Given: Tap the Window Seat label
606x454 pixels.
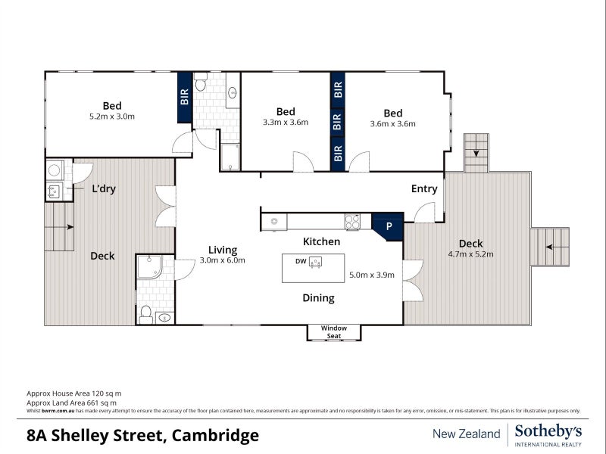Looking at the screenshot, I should click(333, 331).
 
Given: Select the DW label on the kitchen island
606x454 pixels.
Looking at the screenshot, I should click(301, 261).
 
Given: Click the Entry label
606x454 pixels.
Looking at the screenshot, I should click(424, 189).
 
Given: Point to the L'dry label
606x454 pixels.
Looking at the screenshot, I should click(103, 189).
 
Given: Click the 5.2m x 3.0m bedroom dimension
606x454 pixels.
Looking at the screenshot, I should click(112, 117).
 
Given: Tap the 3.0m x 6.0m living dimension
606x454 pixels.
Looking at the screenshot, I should click(223, 260).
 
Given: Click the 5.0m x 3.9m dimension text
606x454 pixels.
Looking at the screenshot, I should click(371, 275).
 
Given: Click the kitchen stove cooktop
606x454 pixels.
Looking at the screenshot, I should click(353, 222).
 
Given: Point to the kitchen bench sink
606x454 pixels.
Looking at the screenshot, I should click(274, 222).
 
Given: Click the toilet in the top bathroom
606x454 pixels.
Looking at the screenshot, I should click(201, 84).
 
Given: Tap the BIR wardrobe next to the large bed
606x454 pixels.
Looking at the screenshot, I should click(184, 96).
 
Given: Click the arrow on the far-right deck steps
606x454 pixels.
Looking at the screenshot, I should click(555, 247).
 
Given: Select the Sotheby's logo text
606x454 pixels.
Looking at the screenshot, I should click(548, 431).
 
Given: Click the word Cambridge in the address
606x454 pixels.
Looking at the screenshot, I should click(216, 435).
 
